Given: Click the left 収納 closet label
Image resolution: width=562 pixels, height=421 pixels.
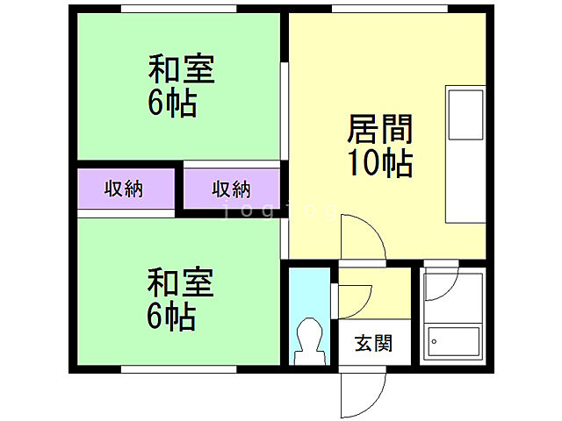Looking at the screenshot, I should pyautogui.click(x=125, y=189).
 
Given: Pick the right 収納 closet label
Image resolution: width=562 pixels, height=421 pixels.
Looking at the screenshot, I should pyautogui.click(x=231, y=189).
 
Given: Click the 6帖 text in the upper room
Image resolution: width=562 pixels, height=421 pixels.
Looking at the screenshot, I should pyautogui.click(x=171, y=103).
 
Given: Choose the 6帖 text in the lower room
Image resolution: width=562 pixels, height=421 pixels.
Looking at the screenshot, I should pyautogui.click(x=171, y=316).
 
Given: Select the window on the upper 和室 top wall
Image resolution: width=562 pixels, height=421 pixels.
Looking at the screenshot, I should pyautogui.click(x=179, y=9).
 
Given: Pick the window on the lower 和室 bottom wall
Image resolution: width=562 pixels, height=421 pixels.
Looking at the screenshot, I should pyautogui.click(x=179, y=370).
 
